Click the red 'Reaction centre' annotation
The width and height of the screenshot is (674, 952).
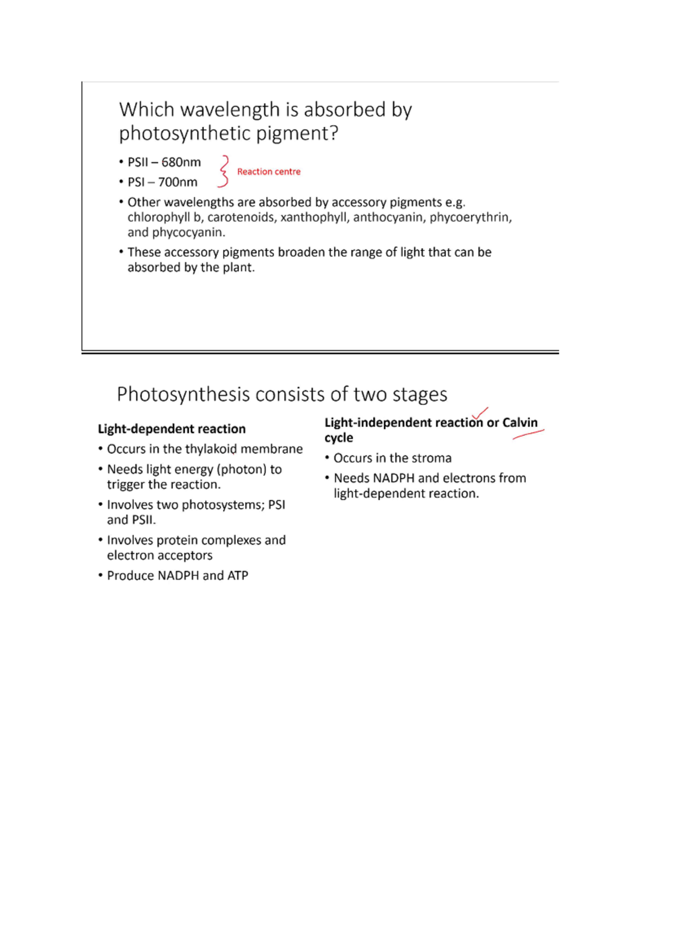[268, 172]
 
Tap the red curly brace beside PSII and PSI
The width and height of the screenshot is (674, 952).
[224, 171]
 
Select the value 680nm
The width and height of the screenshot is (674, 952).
[181, 162]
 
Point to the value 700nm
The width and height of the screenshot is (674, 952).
[177, 182]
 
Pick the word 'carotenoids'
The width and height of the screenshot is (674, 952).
[241, 217]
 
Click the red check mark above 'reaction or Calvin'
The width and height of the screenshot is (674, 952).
[480, 414]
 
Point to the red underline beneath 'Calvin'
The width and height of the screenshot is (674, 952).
[528, 434]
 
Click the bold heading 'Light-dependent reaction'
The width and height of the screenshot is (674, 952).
[172, 429]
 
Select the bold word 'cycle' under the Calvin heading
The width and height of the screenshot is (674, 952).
[339, 438]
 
